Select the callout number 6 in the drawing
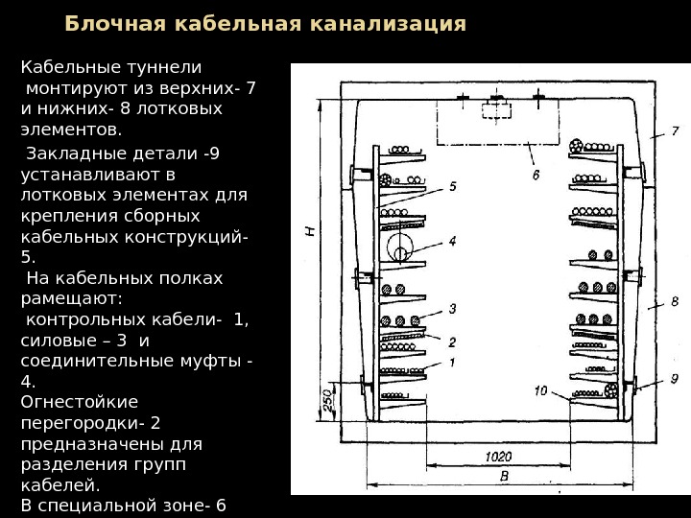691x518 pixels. (536, 176)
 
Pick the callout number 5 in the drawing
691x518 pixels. (452, 186)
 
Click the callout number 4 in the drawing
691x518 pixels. (452, 242)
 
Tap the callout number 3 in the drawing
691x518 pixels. (452, 308)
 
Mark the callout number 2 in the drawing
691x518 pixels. (452, 341)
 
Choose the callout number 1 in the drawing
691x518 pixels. (452, 363)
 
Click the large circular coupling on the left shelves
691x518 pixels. (397, 252)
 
